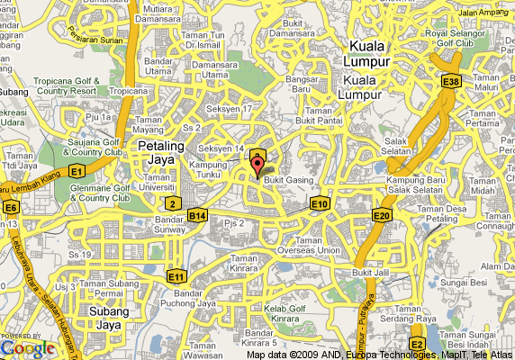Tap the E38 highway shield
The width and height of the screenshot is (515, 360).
pos(451,82)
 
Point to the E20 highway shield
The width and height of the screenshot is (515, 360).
pos(382,214)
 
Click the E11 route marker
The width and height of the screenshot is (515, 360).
pos(176,275)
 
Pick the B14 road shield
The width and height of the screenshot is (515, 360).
pos(198,216)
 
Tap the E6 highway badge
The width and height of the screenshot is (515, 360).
pos(11,208)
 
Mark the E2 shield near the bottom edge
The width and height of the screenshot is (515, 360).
pos(416,344)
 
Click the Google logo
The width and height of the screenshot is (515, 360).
pos(28,347)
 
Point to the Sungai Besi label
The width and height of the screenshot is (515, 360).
pos(464,282)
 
